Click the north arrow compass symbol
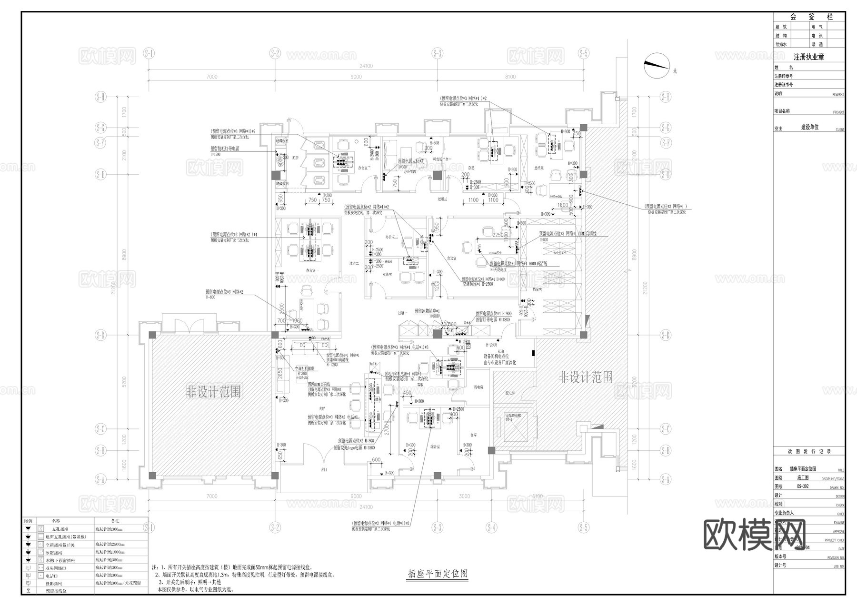(x=657, y=65)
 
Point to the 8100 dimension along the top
(x=509, y=77)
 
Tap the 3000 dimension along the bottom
(x=464, y=497)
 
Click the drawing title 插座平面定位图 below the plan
(x=438, y=574)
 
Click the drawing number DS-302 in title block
(x=802, y=487)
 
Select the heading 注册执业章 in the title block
(x=808, y=57)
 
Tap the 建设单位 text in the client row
(x=809, y=128)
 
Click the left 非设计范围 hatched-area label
(x=213, y=392)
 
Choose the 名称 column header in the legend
(x=56, y=521)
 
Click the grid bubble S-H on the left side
(x=100, y=97)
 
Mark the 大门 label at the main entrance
(x=324, y=470)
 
